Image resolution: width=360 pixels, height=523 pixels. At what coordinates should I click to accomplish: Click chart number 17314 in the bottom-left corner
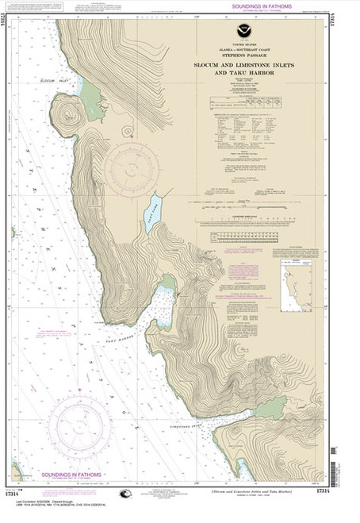pos(21,493)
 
